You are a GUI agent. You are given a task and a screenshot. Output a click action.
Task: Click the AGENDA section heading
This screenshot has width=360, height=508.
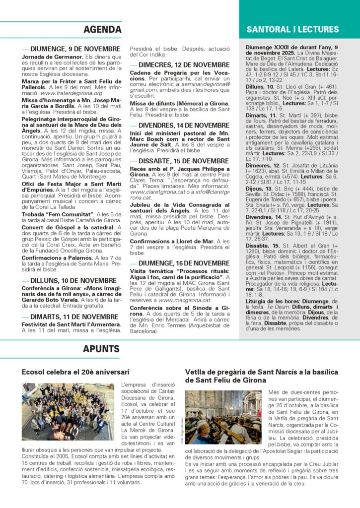(x=102, y=30)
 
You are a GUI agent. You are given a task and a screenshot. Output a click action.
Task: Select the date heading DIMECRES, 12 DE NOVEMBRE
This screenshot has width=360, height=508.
(x=184, y=65)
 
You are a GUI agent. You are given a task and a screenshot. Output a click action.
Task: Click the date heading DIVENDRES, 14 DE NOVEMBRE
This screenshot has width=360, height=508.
(x=184, y=126)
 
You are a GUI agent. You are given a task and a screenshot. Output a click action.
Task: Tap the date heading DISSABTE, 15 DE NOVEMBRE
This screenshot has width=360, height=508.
(x=183, y=161)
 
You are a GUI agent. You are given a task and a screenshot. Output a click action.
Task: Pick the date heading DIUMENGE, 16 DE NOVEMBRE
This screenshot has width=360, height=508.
(x=184, y=263)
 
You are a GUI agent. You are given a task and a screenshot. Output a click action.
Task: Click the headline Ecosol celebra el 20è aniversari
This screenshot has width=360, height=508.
(x=75, y=372)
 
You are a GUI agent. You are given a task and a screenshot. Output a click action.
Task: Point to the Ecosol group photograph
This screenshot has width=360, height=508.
(x=68, y=412)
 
